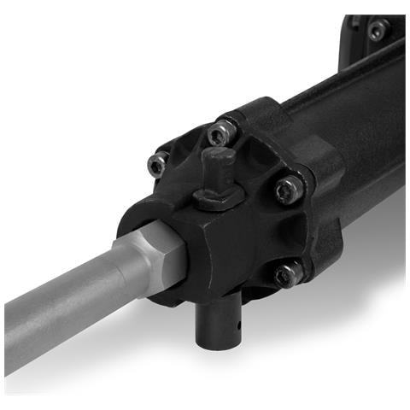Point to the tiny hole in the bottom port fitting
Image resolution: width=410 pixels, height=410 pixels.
point(242,325)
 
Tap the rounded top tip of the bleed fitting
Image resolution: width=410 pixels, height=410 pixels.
point(220,153)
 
